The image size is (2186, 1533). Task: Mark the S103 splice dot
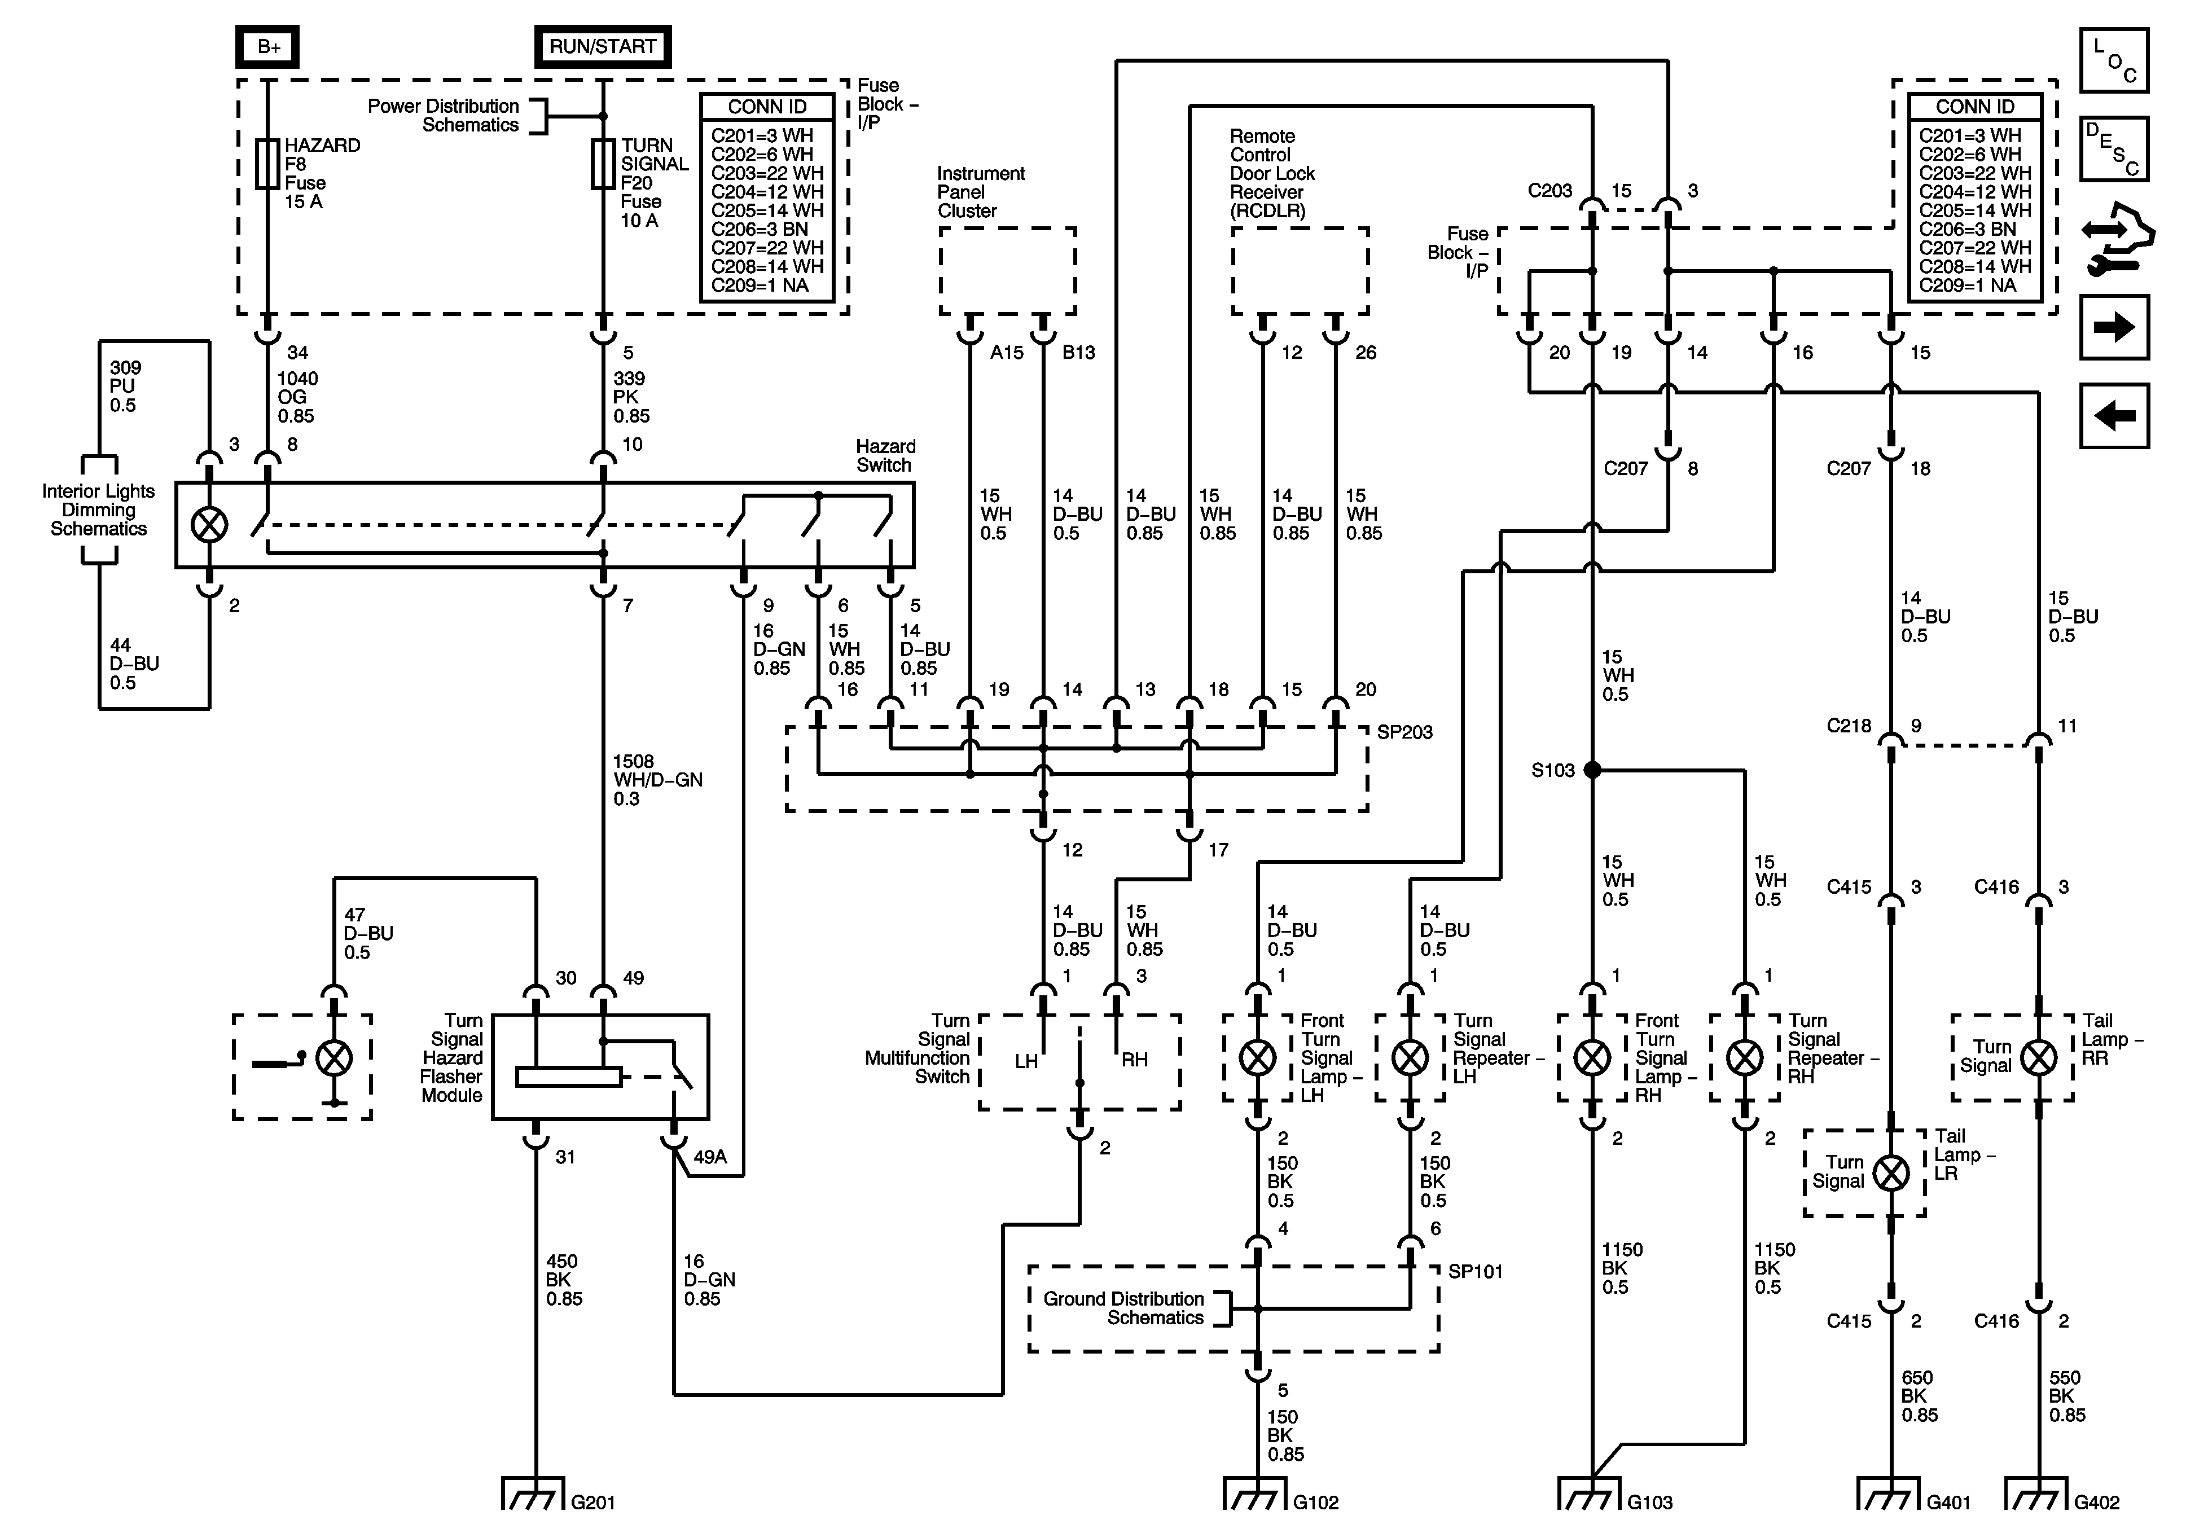(x=1592, y=770)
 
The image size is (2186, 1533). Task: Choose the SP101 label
(x=1475, y=1271)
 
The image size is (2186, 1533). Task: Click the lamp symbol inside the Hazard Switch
(x=209, y=525)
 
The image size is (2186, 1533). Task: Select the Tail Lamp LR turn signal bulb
(x=1891, y=1173)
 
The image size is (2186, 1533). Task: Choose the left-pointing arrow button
(x=2114, y=415)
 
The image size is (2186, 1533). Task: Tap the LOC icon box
(x=2114, y=60)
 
